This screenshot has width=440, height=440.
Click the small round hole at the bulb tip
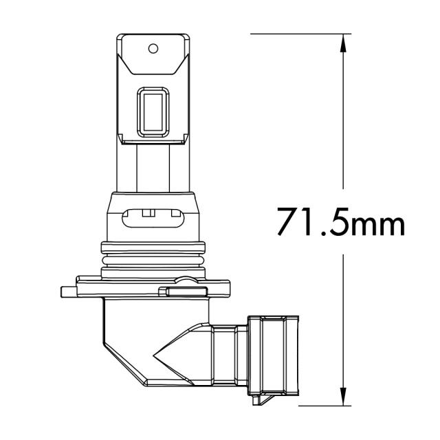(154, 48)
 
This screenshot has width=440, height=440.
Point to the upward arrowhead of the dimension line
(343, 40)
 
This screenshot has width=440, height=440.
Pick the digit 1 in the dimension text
(309, 221)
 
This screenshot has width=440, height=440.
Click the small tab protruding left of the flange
(67, 291)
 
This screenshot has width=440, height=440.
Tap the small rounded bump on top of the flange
(186, 278)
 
